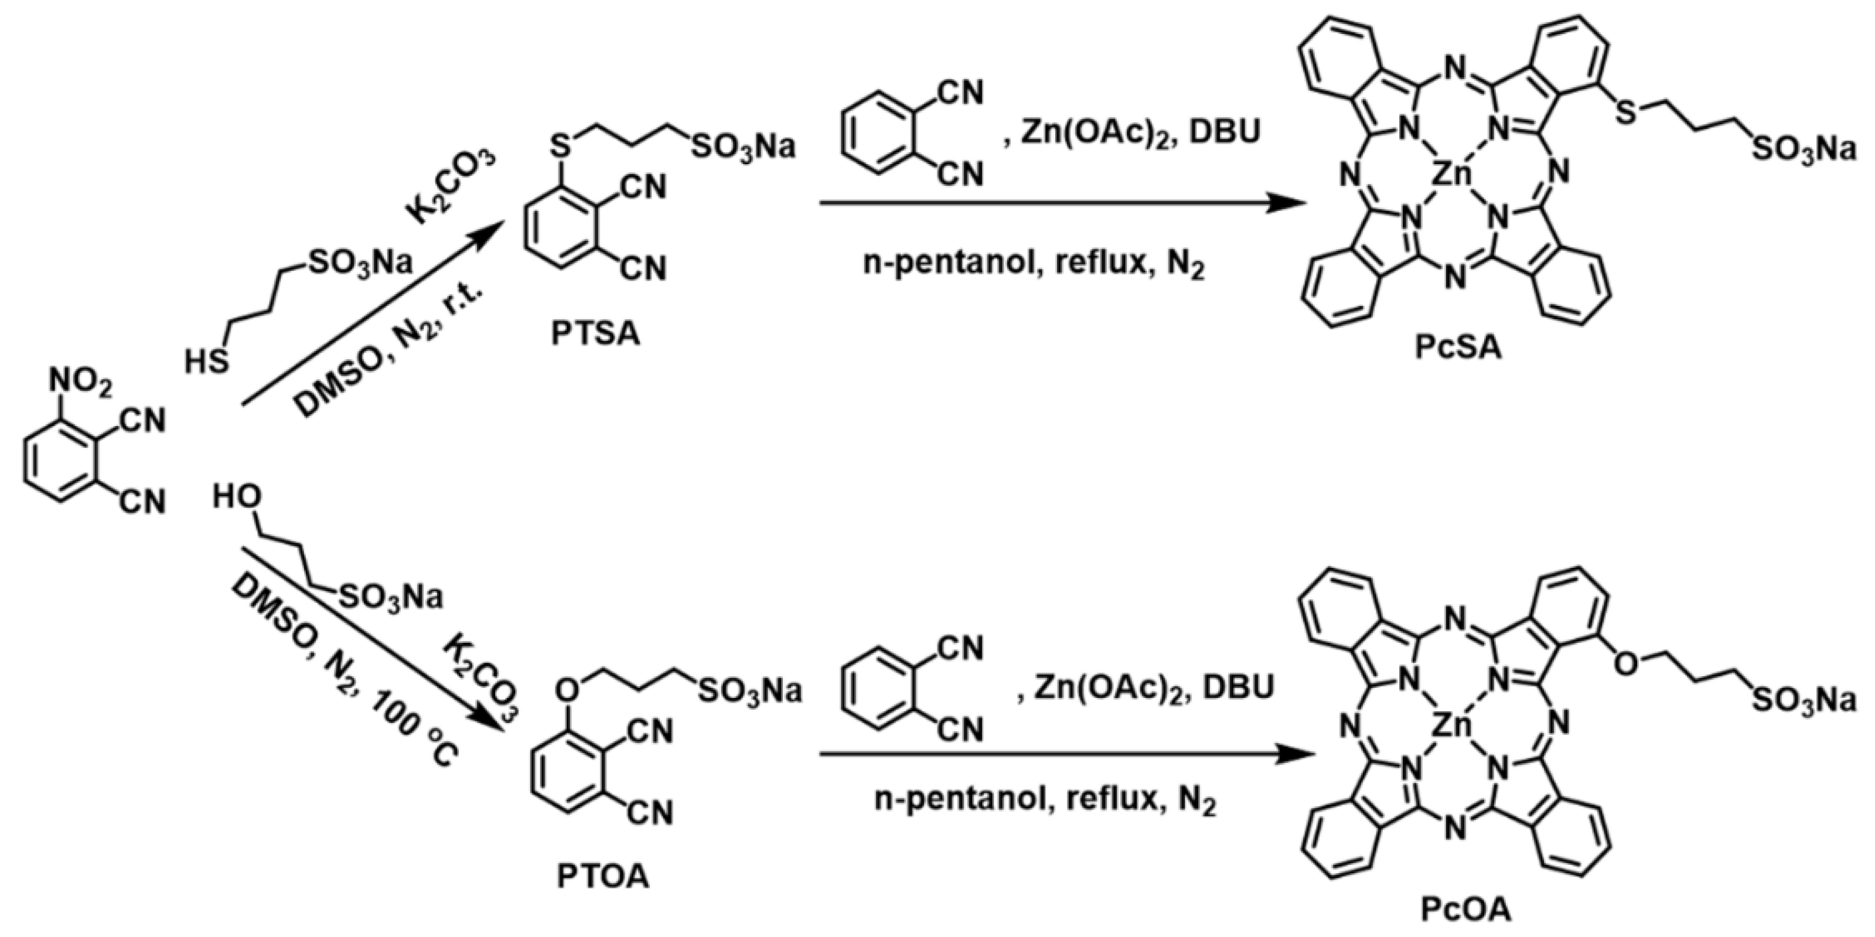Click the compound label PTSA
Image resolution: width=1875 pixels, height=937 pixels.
[x=595, y=336]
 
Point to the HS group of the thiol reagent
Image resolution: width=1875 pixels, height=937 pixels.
[x=206, y=362]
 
